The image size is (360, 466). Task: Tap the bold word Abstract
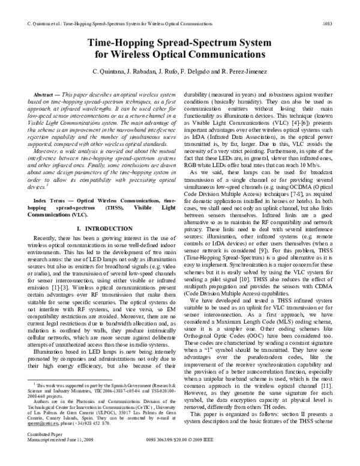[46, 95]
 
